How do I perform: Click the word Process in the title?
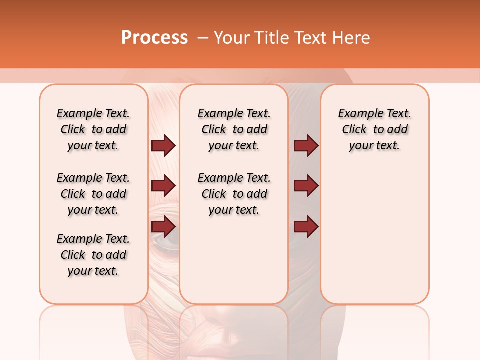[x=154, y=38]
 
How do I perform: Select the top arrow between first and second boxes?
[x=163, y=145]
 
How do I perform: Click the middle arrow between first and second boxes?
[x=163, y=186]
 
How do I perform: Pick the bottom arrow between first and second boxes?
[x=163, y=226]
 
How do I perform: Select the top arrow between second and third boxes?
[x=306, y=145]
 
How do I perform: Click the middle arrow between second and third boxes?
[x=306, y=186]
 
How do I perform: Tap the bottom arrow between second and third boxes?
[x=306, y=226]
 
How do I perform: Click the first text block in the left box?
[x=93, y=129]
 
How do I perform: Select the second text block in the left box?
[x=93, y=194]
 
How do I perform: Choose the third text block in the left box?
[x=93, y=255]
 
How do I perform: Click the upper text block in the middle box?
[x=234, y=129]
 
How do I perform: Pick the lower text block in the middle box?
[x=234, y=194]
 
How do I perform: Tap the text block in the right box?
[x=374, y=129]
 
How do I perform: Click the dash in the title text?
[x=202, y=38]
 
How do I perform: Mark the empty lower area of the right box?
[x=374, y=235]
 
